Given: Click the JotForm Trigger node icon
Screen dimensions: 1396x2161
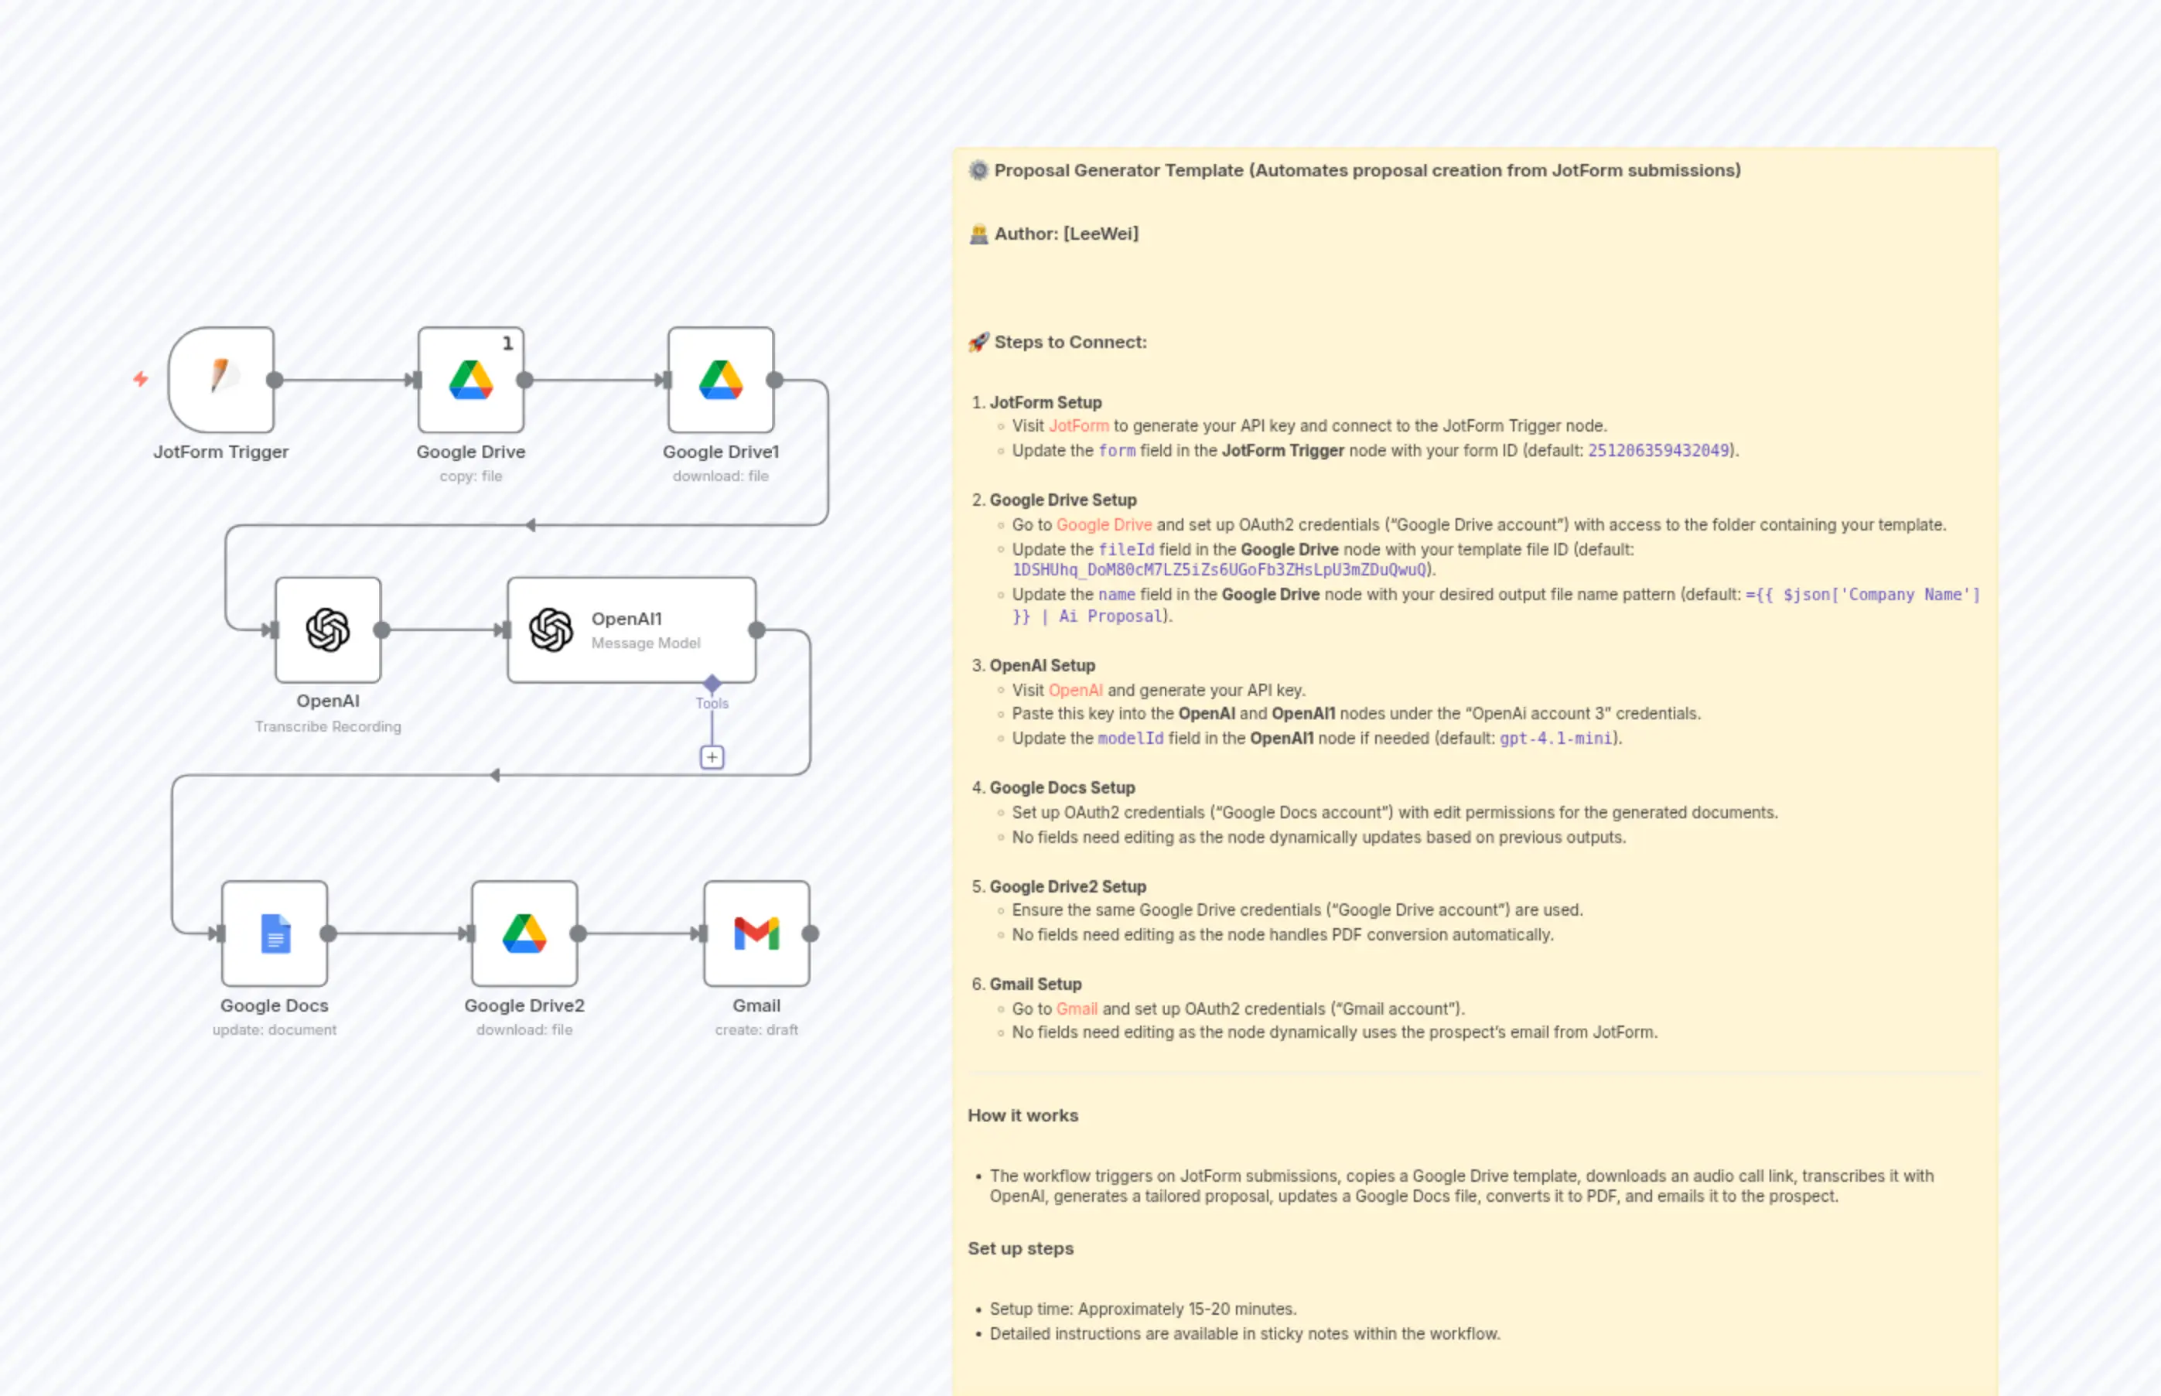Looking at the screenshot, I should [221, 379].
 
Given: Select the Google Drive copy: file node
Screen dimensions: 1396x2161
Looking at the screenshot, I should [470, 379].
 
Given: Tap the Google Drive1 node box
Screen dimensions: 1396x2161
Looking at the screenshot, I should [721, 379].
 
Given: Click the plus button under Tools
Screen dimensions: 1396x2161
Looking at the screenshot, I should [712, 757].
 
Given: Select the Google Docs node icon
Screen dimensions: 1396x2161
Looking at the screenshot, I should [275, 933].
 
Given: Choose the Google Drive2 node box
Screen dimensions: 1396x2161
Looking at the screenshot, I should [524, 933].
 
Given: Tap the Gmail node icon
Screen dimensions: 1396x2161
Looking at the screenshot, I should [756, 933].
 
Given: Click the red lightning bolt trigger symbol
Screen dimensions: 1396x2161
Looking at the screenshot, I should [141, 379].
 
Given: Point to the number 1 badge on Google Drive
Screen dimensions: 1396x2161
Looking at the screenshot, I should [507, 343].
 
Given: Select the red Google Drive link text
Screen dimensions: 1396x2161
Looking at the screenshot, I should [1103, 525].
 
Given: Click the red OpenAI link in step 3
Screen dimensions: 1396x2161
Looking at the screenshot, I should [1075, 691].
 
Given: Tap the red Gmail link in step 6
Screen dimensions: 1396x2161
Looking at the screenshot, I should [1076, 1009].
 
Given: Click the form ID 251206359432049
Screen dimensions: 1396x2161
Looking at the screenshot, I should [1658, 451].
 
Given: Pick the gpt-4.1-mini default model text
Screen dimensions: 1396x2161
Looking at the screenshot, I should [1555, 739].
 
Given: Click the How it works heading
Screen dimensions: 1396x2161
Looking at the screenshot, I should [1022, 1116].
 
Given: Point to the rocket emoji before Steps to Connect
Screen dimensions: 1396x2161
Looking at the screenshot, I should [978, 342].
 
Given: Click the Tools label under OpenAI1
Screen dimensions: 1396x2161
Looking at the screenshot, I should [712, 704].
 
